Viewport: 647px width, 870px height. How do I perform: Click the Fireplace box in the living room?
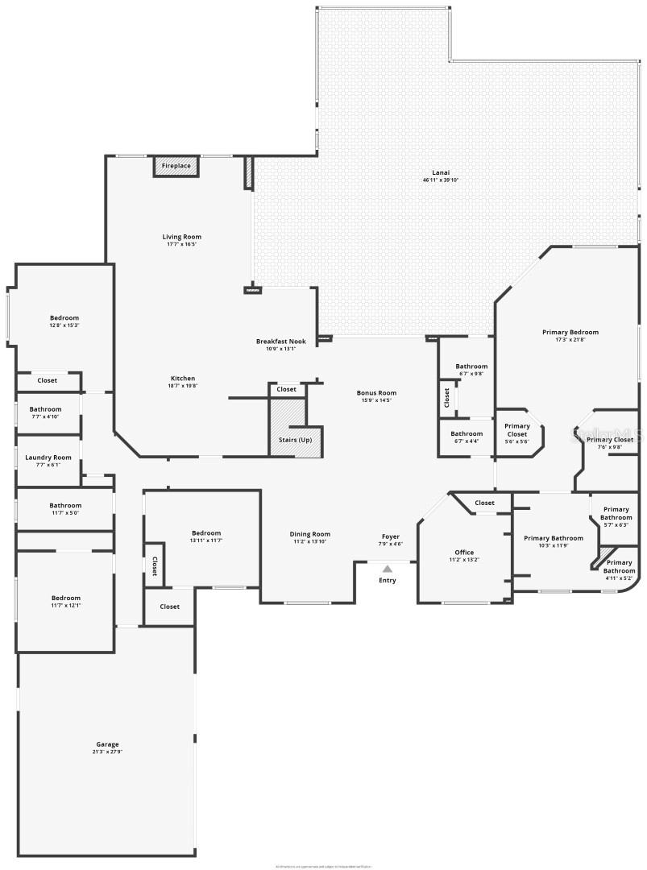pos(176,166)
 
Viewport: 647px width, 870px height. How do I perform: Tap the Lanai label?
pos(441,172)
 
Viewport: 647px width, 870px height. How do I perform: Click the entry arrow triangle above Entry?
pos(388,569)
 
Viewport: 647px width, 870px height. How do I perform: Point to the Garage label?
pos(107,744)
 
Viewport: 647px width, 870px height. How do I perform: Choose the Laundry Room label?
pos(48,458)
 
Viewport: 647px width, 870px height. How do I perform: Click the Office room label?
pos(464,553)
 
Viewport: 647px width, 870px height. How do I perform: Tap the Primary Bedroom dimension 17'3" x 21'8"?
pos(570,339)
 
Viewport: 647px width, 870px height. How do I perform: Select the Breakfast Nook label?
pos(281,342)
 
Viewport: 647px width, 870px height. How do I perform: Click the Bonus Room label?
pos(377,393)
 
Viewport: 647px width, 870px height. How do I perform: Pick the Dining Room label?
pos(310,534)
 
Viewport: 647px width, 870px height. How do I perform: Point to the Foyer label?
pos(391,536)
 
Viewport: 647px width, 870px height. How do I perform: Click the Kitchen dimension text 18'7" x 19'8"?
pos(182,386)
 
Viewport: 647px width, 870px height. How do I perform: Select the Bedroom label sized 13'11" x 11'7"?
pos(206,533)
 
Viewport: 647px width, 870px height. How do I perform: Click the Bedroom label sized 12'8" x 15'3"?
pos(64,318)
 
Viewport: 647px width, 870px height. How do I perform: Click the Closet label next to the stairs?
pos(286,389)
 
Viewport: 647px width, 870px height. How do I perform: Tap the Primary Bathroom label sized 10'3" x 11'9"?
pos(554,538)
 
